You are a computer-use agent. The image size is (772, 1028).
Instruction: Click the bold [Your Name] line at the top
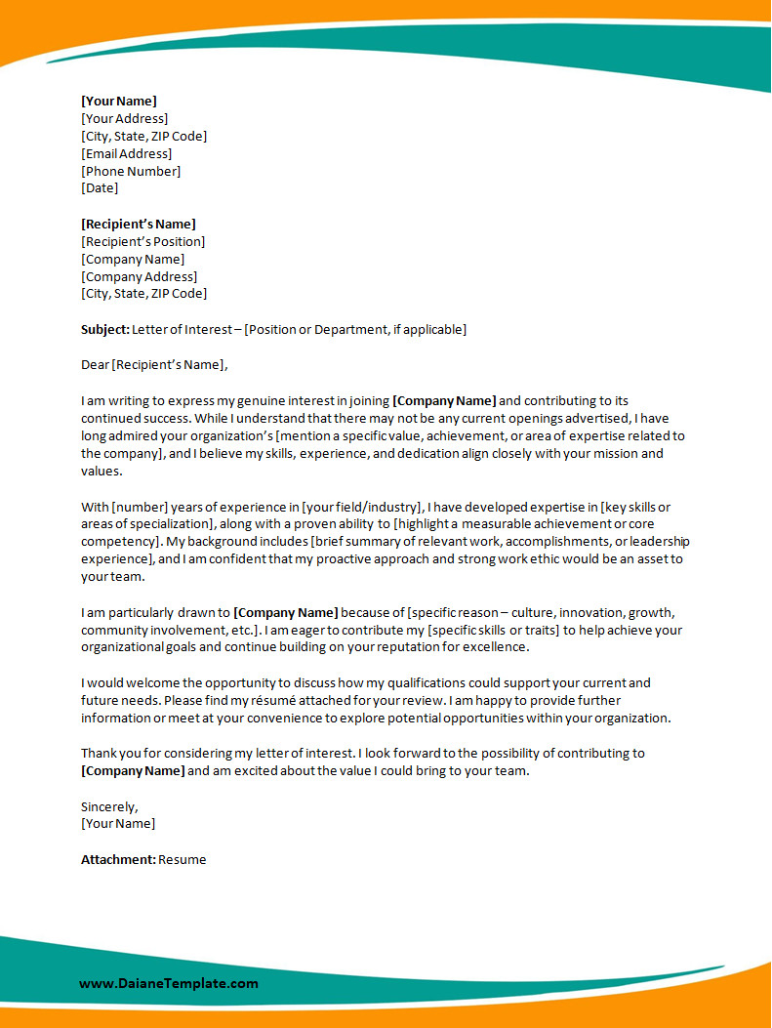[x=119, y=101]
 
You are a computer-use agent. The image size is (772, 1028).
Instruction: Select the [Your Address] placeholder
[x=124, y=118]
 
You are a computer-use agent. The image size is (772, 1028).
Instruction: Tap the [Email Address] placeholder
[x=126, y=153]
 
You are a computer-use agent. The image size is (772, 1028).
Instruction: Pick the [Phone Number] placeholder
[x=131, y=171]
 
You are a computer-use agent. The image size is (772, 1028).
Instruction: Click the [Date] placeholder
[x=100, y=187]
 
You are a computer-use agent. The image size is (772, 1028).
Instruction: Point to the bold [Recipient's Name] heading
[x=138, y=224]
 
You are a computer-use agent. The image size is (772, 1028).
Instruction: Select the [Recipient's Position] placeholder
[x=142, y=241]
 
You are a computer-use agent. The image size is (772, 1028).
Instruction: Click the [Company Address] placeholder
[x=139, y=276]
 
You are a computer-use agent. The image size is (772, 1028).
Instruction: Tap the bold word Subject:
[x=104, y=329]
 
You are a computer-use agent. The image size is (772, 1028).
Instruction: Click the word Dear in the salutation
[x=95, y=365]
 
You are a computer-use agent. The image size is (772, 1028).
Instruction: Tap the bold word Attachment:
[x=118, y=859]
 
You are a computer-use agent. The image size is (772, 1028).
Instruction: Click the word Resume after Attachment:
[x=183, y=859]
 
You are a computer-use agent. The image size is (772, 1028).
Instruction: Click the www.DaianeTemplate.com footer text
[x=169, y=983]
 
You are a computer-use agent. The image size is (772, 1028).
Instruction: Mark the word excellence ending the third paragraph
[x=496, y=647]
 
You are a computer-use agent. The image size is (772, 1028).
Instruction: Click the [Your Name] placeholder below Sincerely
[x=118, y=823]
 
